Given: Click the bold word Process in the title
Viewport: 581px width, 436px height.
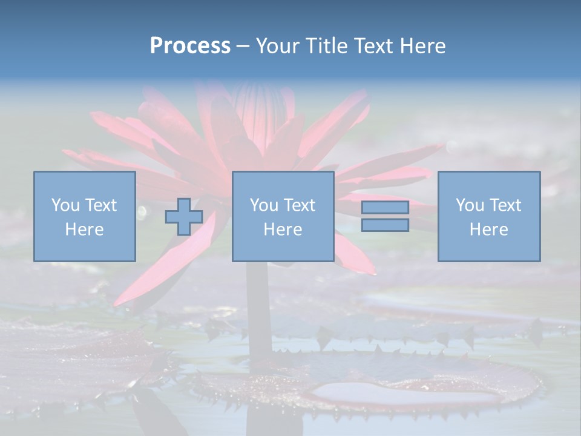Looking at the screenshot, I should (x=190, y=46).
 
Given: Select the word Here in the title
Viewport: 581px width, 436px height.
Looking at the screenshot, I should (x=422, y=46).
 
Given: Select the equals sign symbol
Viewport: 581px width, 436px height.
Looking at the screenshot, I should (x=385, y=216).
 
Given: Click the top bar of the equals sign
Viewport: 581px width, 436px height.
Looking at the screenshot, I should (x=385, y=208).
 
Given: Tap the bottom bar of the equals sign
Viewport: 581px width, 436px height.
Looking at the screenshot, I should (x=385, y=225).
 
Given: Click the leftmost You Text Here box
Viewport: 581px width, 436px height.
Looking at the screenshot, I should (x=85, y=216).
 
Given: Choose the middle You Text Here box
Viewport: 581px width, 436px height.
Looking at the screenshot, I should (x=283, y=216).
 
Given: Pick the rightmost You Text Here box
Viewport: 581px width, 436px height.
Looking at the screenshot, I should (x=489, y=216).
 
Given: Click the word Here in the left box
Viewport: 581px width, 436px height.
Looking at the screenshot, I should (x=85, y=230).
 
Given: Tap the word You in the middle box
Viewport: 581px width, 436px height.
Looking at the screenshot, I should (x=264, y=205).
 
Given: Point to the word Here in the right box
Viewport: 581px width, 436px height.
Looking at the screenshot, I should (x=489, y=230).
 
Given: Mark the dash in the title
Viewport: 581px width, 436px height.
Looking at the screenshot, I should (x=243, y=47).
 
